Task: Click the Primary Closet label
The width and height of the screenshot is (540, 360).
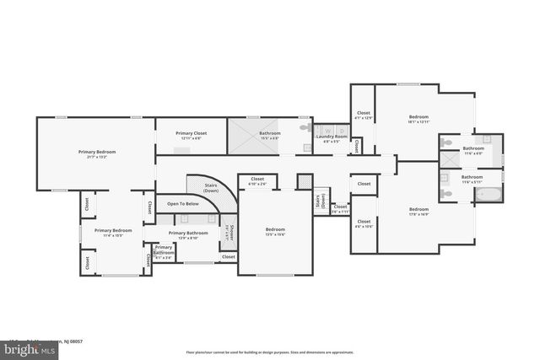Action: (x=191, y=135)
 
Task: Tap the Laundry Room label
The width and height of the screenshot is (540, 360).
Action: (x=332, y=138)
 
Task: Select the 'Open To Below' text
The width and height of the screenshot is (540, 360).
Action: (x=182, y=203)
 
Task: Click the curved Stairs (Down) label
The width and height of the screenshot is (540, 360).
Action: (x=211, y=189)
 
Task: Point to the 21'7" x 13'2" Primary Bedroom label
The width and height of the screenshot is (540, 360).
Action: (x=97, y=153)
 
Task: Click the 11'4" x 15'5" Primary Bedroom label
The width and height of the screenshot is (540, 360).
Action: (x=113, y=232)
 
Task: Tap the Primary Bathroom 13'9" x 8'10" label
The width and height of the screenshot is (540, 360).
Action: (x=188, y=234)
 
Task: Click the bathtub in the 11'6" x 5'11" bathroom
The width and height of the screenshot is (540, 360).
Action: (x=488, y=196)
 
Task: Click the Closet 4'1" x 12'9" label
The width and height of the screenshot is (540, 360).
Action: (x=364, y=115)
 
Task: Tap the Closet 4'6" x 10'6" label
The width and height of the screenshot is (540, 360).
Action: (x=364, y=223)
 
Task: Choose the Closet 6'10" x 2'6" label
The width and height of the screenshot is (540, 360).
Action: (x=257, y=180)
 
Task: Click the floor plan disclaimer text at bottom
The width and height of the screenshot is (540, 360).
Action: (x=269, y=352)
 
